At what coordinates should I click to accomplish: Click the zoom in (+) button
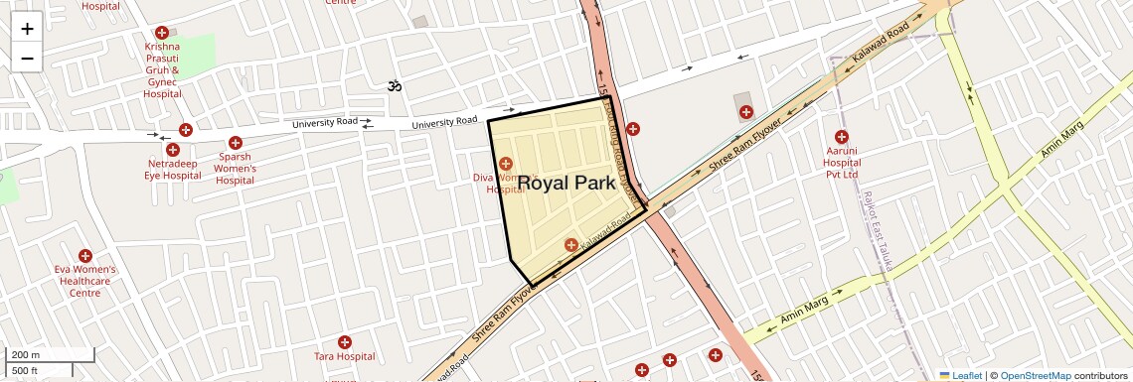pyautogui.click(x=27, y=28)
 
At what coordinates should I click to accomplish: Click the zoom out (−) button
pyautogui.click(x=27, y=58)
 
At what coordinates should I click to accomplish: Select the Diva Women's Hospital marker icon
pyautogui.click(x=506, y=163)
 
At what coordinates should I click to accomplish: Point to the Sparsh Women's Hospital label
pyautogui.click(x=236, y=169)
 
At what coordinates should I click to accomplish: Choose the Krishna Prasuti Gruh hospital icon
pyautogui.click(x=162, y=33)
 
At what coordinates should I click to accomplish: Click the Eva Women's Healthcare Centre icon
pyautogui.click(x=85, y=256)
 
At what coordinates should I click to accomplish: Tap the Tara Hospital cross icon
pyautogui.click(x=345, y=342)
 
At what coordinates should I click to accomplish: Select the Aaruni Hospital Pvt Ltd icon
pyautogui.click(x=842, y=137)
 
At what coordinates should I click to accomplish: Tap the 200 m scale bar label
pyautogui.click(x=26, y=354)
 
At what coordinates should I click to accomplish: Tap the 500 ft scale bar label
pyautogui.click(x=25, y=371)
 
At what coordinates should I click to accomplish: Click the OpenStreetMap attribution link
pyautogui.click(x=1035, y=375)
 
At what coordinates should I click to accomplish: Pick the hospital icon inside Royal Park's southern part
pyautogui.click(x=570, y=245)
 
